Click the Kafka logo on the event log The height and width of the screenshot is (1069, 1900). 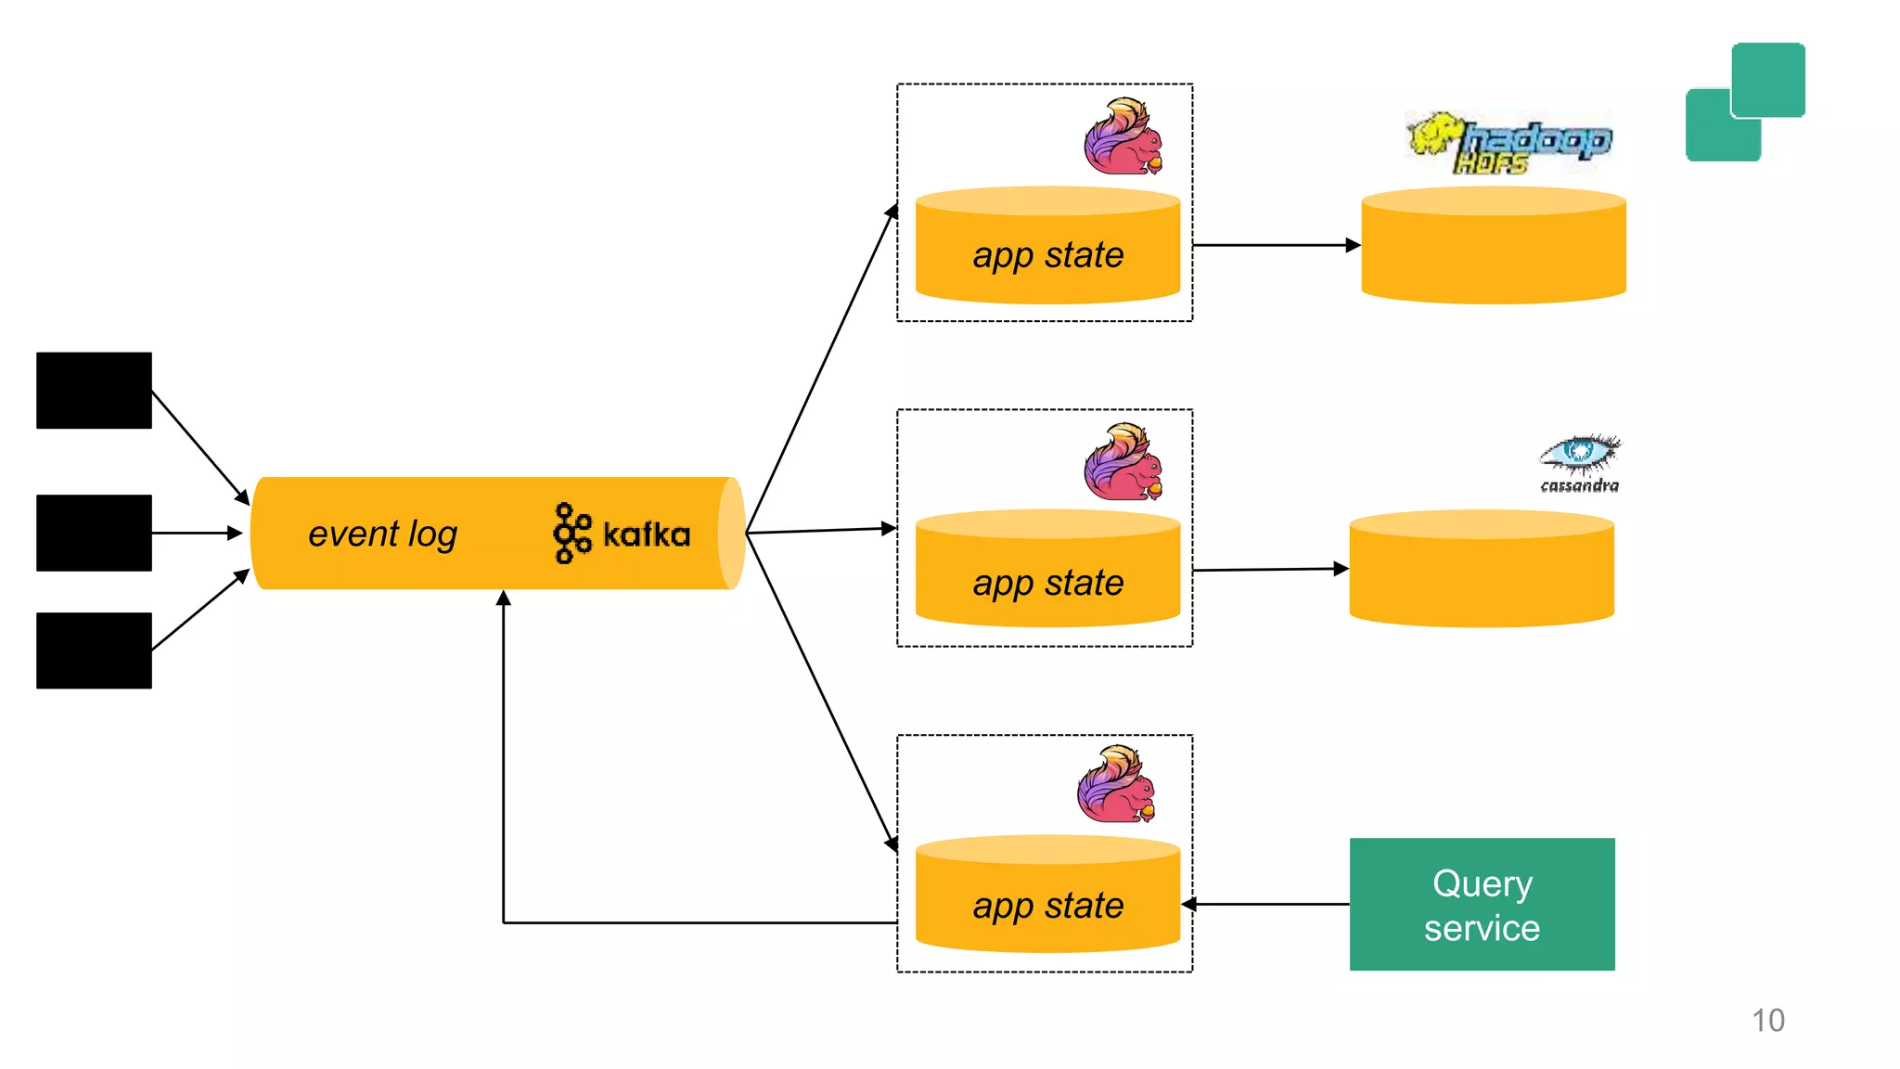(x=621, y=534)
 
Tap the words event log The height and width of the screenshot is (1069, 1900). (x=382, y=534)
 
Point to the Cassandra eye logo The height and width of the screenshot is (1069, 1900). (x=1579, y=460)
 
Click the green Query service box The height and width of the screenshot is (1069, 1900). (x=1482, y=904)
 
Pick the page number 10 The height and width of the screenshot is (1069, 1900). (x=1767, y=1020)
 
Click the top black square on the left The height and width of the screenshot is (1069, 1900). (x=94, y=390)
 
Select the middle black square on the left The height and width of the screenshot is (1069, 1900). (x=94, y=533)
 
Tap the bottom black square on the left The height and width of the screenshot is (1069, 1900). (x=94, y=650)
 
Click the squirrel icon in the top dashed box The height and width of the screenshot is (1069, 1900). (x=1123, y=137)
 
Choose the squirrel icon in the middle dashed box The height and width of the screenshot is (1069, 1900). (x=1123, y=462)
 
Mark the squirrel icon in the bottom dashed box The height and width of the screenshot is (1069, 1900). (x=1117, y=785)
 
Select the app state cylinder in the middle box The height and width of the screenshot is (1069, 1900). (x=1047, y=572)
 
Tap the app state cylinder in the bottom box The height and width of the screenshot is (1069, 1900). (x=1047, y=896)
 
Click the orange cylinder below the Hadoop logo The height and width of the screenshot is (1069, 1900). (x=1493, y=247)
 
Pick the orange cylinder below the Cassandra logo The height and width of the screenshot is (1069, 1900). (x=1481, y=570)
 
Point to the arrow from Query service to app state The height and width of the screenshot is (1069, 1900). (x=1267, y=904)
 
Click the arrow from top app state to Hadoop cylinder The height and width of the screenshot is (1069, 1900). (x=1276, y=245)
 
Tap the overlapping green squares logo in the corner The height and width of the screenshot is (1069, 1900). (x=1745, y=102)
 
